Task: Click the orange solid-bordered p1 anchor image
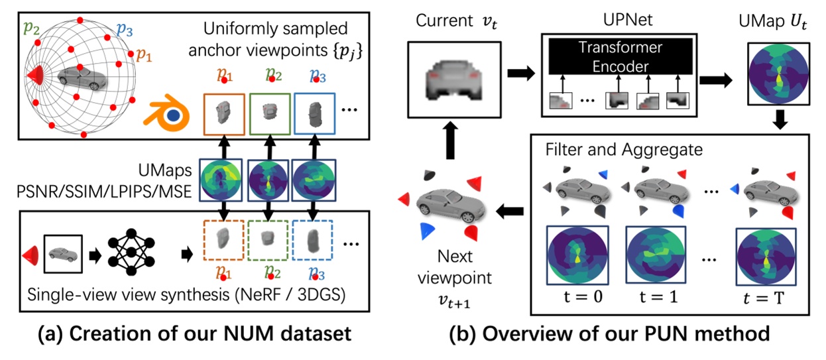[x=224, y=113]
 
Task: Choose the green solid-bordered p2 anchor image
[x=270, y=113]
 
